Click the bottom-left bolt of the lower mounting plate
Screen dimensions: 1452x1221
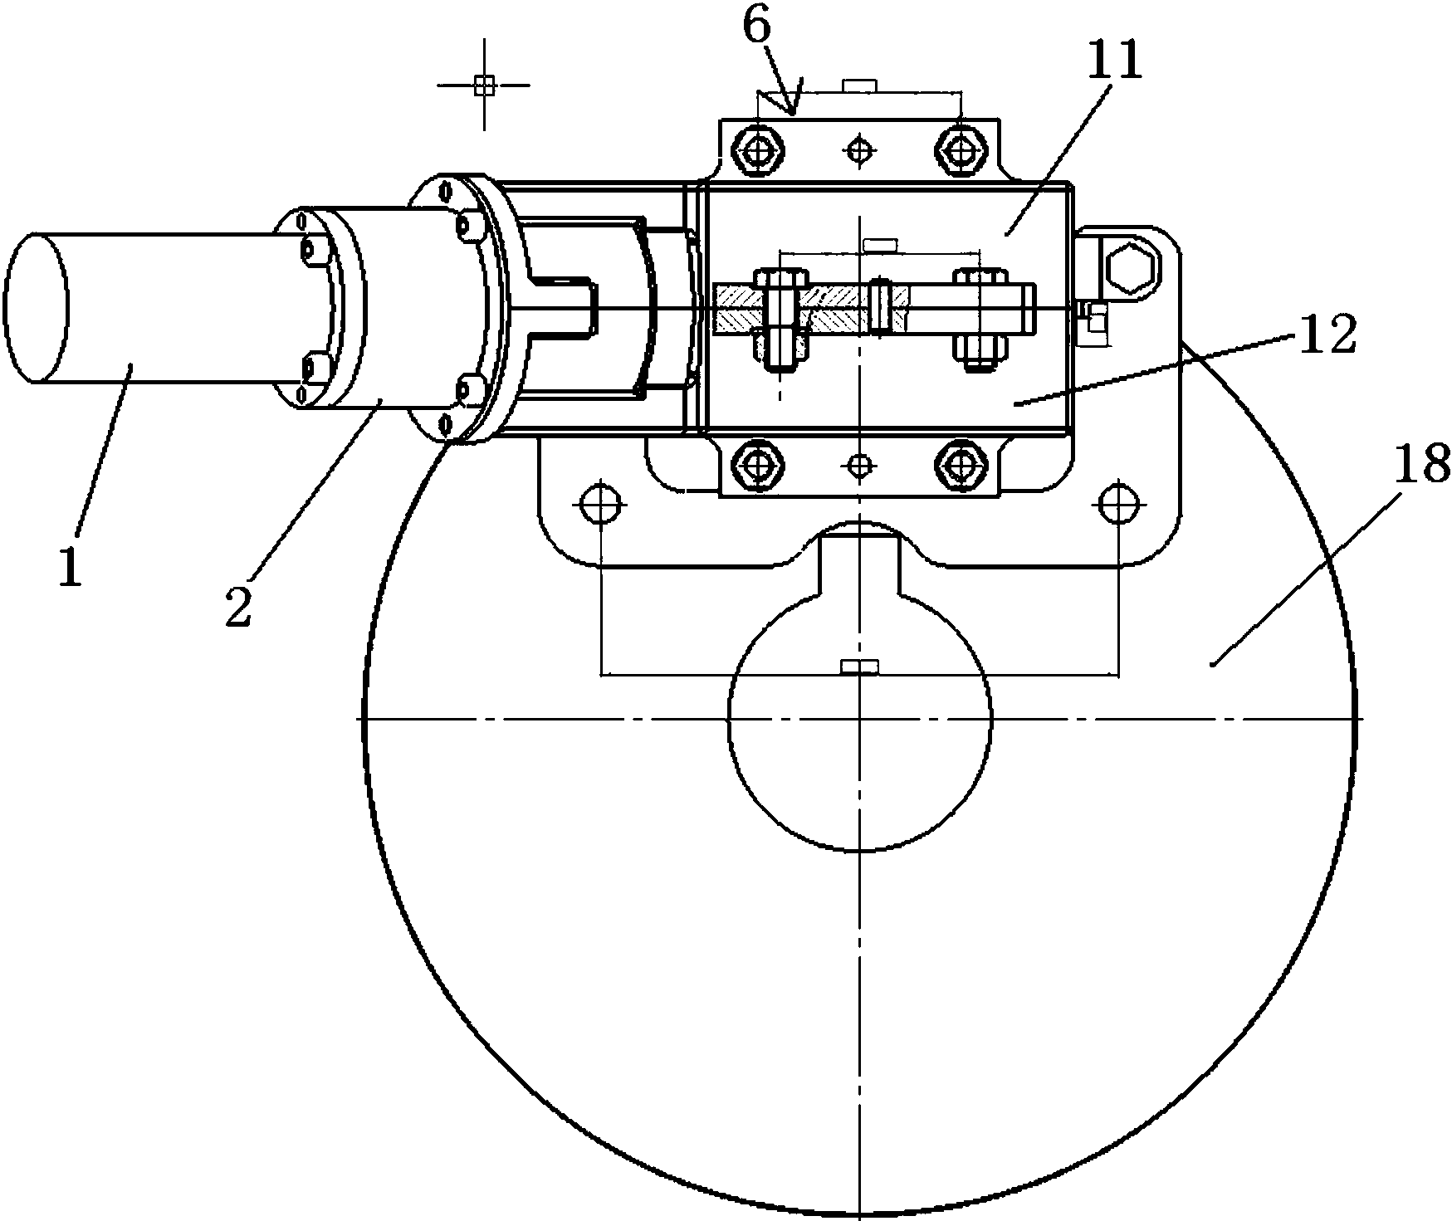756,466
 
